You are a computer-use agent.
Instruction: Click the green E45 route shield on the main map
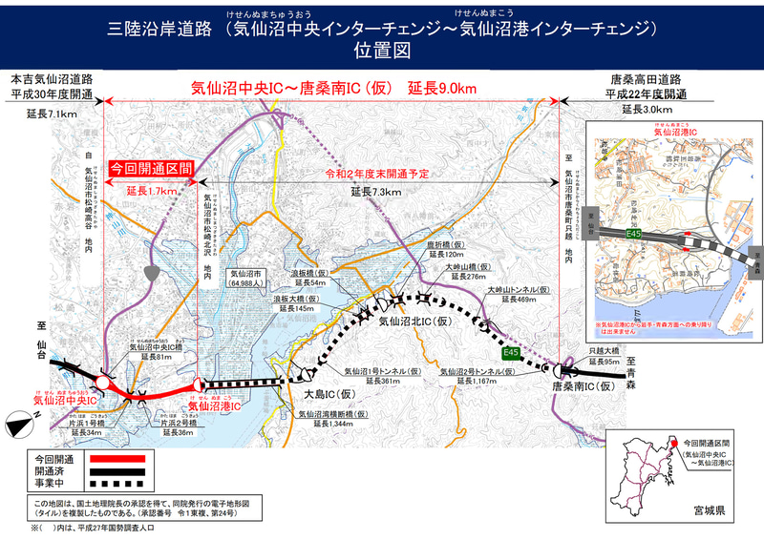512,354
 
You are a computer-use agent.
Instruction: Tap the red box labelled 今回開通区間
153,167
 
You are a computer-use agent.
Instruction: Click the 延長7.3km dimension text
375,192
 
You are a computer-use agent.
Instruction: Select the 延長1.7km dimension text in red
152,191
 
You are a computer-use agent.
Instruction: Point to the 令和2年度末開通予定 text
375,175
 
